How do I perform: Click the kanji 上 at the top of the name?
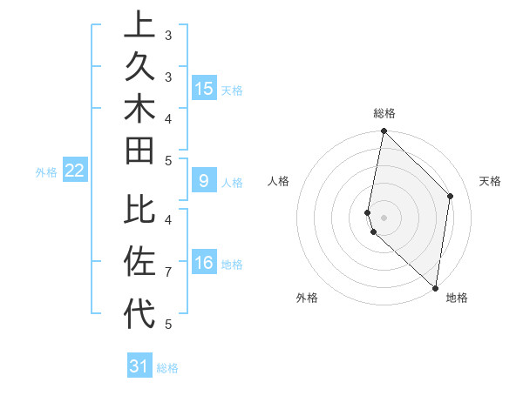pos(139,24)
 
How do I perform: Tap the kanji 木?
pos(139,108)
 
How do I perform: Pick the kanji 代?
pos(139,312)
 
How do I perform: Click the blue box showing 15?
pos(204,88)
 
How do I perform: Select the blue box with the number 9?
pos(203,181)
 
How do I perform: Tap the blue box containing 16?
pos(204,264)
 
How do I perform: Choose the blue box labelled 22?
pos(74,171)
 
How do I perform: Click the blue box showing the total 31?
pos(139,366)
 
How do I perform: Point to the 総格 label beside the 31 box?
pos(167,368)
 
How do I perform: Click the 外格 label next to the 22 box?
pos(46,172)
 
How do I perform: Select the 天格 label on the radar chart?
pos(490,181)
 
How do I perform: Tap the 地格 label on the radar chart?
pos(457,298)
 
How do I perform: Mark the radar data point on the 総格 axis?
pos(384,131)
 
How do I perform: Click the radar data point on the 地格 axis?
pos(435,287)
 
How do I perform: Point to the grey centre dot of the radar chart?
pos(384,217)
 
